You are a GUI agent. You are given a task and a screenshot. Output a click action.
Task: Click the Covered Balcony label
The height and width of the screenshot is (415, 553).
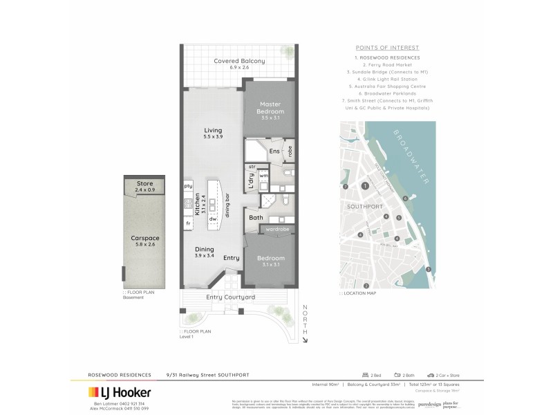[x=239, y=62]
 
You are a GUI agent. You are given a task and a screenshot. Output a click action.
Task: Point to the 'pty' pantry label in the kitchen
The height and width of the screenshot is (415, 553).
[x=187, y=186]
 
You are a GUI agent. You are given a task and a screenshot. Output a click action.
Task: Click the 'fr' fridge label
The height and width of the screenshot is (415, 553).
[x=187, y=224]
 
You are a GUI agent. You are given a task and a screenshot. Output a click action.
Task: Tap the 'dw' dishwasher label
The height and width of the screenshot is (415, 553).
[x=214, y=220]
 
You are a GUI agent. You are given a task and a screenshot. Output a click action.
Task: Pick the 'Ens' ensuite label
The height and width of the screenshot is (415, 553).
[x=274, y=151]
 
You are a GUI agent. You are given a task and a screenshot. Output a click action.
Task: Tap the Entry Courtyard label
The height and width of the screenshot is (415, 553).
[x=231, y=297]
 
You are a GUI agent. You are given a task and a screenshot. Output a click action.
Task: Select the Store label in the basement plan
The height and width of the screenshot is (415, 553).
[x=144, y=183]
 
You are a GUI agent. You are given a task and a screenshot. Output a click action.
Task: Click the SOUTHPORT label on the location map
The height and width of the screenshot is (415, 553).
[x=362, y=205]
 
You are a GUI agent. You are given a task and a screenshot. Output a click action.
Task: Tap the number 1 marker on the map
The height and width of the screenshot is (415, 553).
[x=365, y=186]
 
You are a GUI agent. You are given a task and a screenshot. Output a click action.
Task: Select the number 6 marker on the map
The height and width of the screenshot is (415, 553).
[x=405, y=199]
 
